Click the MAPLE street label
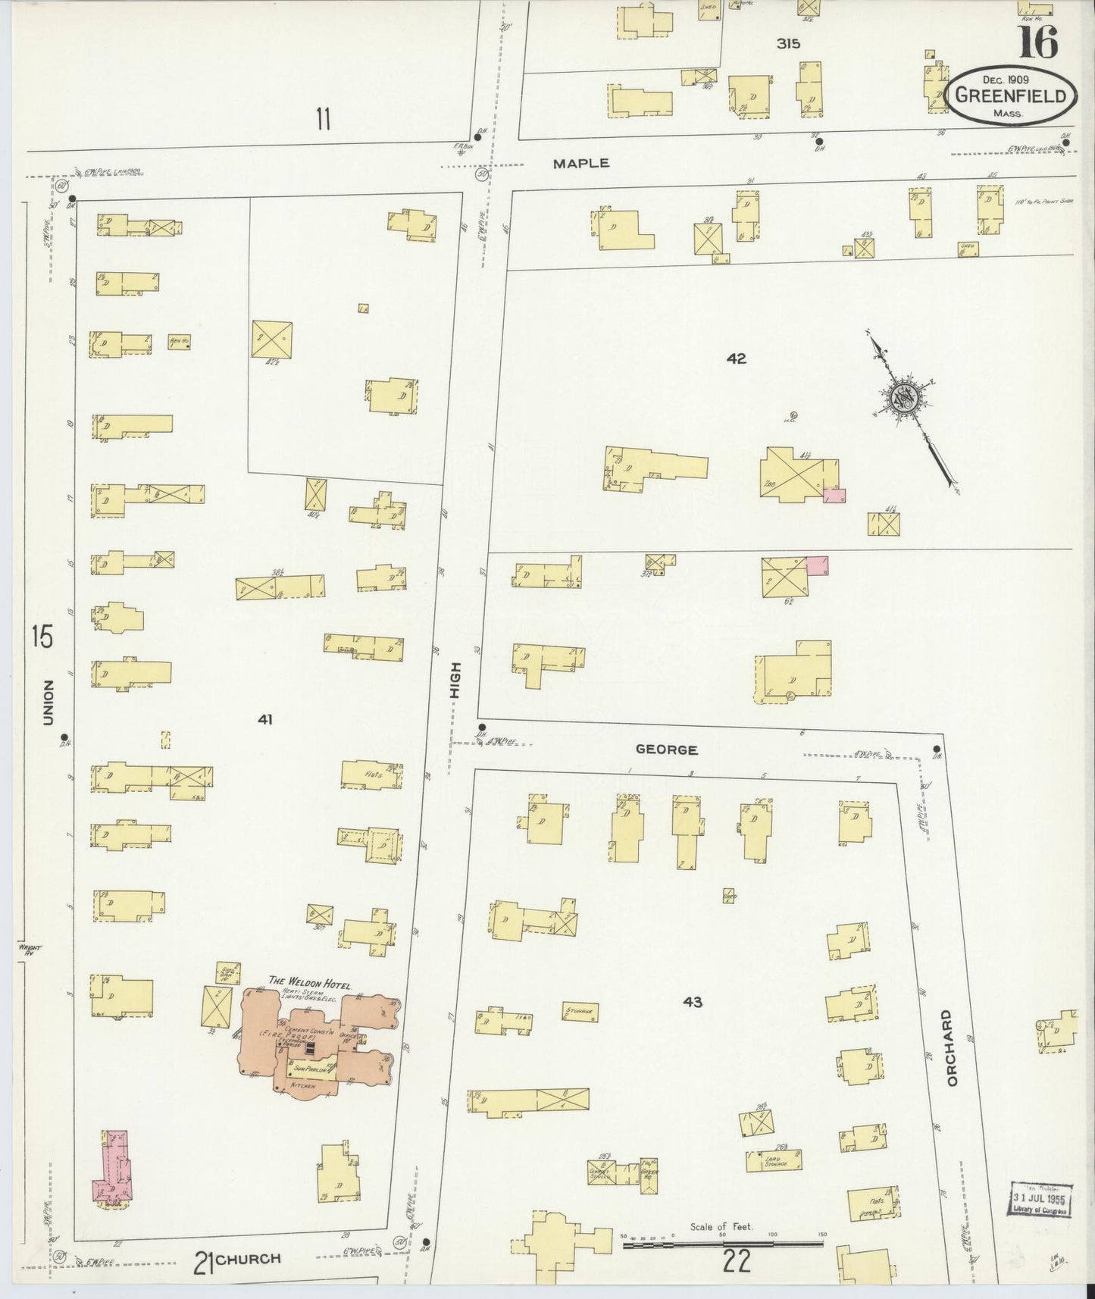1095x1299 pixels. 580,163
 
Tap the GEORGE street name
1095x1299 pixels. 666,750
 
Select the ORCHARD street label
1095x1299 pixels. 953,1047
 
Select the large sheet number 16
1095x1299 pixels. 1037,42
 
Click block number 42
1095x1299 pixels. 736,358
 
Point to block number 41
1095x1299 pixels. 264,719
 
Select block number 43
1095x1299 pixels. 692,1002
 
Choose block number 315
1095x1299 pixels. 788,44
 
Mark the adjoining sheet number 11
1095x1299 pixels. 324,119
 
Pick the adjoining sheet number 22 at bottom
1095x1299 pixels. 736,1261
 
